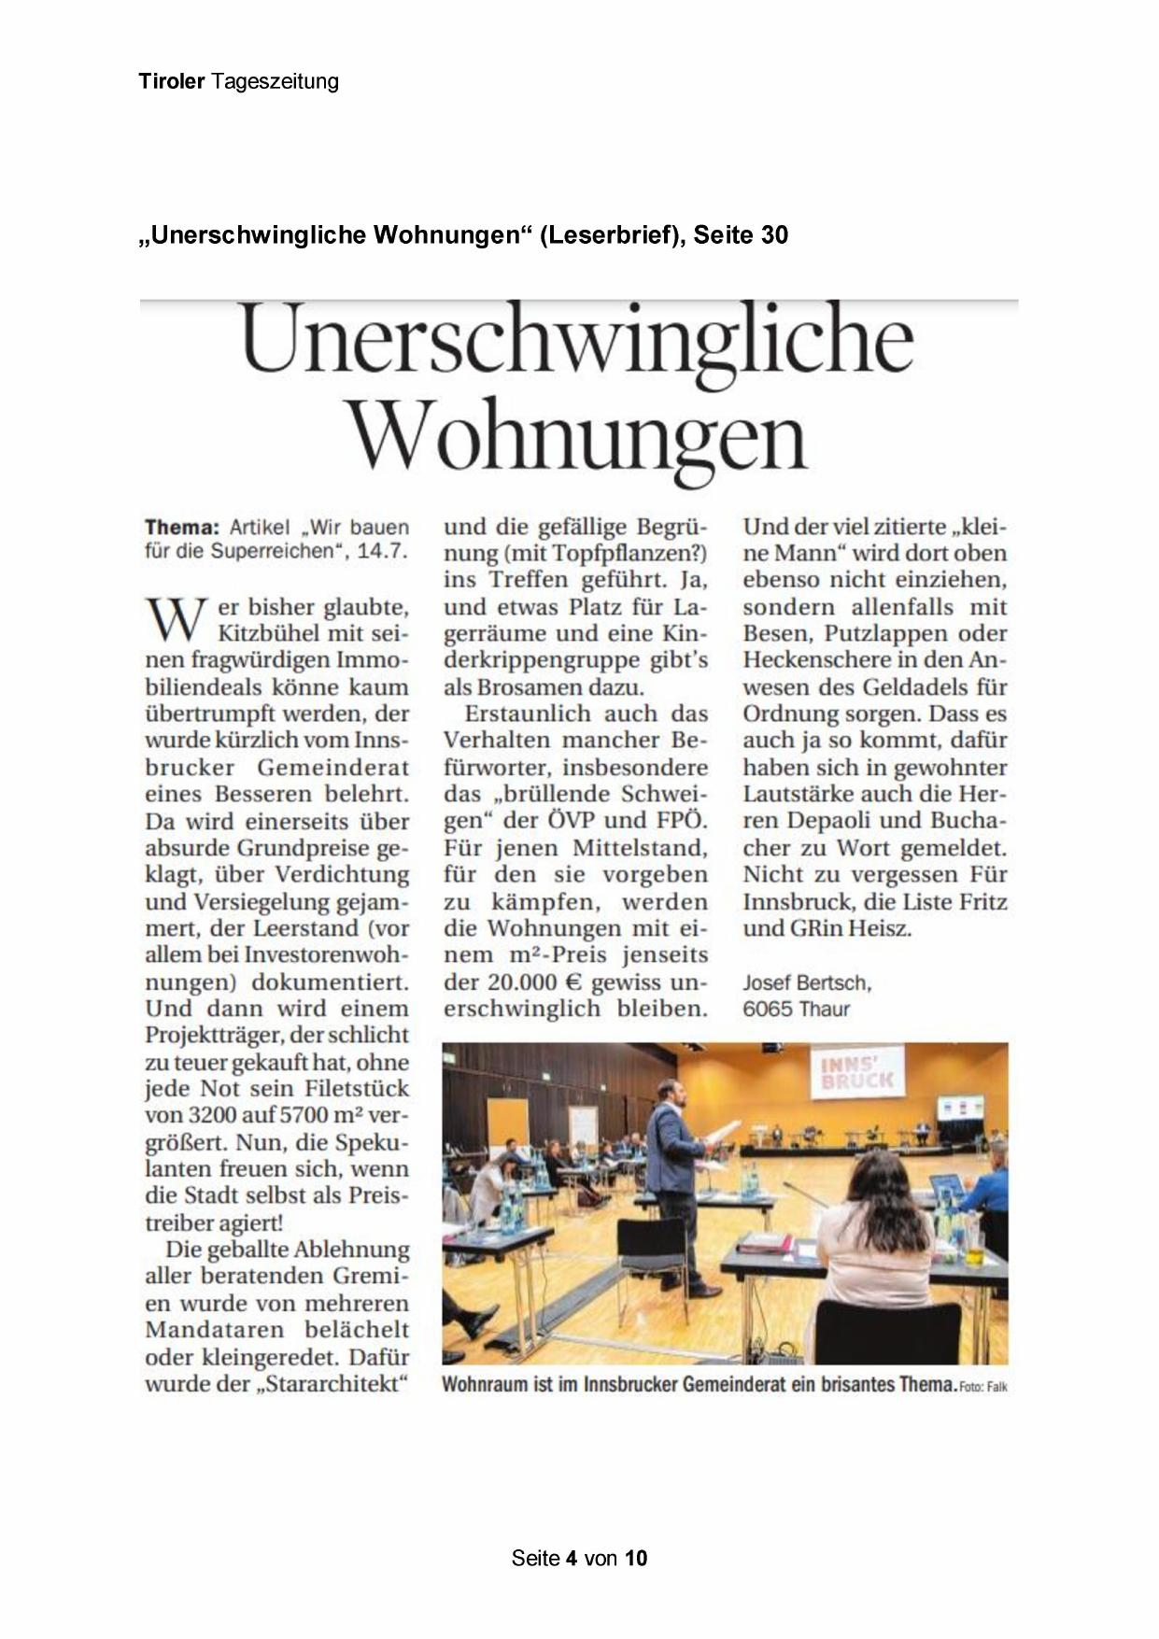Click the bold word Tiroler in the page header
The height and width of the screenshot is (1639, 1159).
coord(171,81)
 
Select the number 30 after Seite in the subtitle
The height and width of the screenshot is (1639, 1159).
coord(774,234)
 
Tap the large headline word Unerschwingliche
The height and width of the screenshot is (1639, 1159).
coord(577,340)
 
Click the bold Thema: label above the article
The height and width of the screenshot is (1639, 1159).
coord(181,527)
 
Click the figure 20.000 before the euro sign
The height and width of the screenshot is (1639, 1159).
coord(531,982)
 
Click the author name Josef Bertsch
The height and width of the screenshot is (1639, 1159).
coord(806,982)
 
